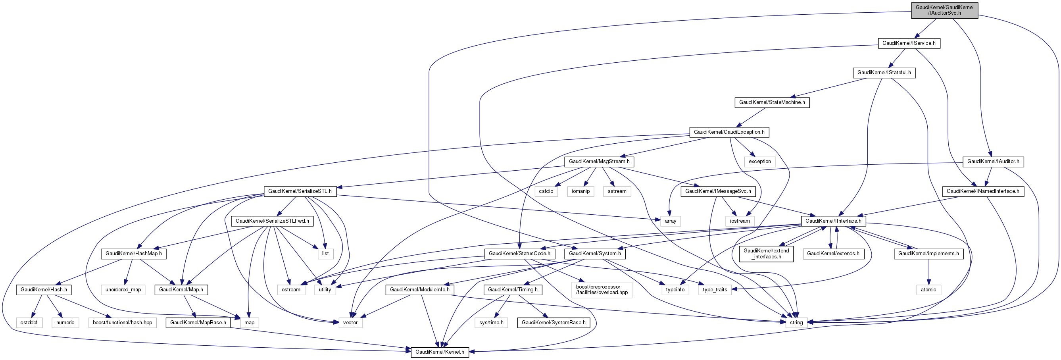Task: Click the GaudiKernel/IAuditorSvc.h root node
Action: coord(944,10)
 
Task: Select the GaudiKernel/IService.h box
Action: coord(909,43)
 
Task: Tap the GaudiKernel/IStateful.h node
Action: coord(884,73)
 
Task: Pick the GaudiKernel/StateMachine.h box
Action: coord(772,102)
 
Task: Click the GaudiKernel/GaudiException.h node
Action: coord(729,132)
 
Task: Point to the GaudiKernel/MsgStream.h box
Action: coord(599,162)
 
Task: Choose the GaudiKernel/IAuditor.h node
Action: coord(993,162)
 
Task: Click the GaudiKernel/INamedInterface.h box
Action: coord(983,191)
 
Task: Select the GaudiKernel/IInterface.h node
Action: coord(833,221)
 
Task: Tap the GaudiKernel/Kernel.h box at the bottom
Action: coord(440,352)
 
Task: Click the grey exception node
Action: coord(759,162)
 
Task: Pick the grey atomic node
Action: coord(928,290)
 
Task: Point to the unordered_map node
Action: coord(123,290)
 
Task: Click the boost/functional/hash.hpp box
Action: coord(122,323)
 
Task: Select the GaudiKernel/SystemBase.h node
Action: coord(553,323)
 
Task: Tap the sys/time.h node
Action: coord(491,323)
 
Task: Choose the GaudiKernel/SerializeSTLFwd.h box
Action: coord(272,221)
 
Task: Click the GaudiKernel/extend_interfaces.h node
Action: coord(766,254)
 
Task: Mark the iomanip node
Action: coord(580,191)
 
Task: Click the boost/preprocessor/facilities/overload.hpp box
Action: coord(602,290)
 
